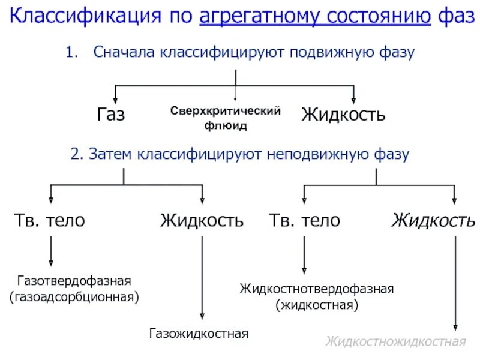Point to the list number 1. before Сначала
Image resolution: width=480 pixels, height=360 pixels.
click(72, 52)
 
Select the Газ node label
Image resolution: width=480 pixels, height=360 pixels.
click(111, 114)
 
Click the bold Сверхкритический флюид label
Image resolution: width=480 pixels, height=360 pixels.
click(226, 118)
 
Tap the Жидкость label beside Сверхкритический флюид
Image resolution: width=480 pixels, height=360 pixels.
click(343, 114)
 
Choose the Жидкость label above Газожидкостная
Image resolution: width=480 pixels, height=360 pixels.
click(202, 220)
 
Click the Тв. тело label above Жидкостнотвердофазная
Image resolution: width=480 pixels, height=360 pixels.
click(304, 220)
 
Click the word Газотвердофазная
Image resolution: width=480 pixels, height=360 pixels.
click(74, 280)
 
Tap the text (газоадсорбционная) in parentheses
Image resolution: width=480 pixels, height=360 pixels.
click(74, 296)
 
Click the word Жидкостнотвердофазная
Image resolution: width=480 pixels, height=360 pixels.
click(317, 289)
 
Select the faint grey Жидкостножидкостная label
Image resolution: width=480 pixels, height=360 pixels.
click(395, 342)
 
